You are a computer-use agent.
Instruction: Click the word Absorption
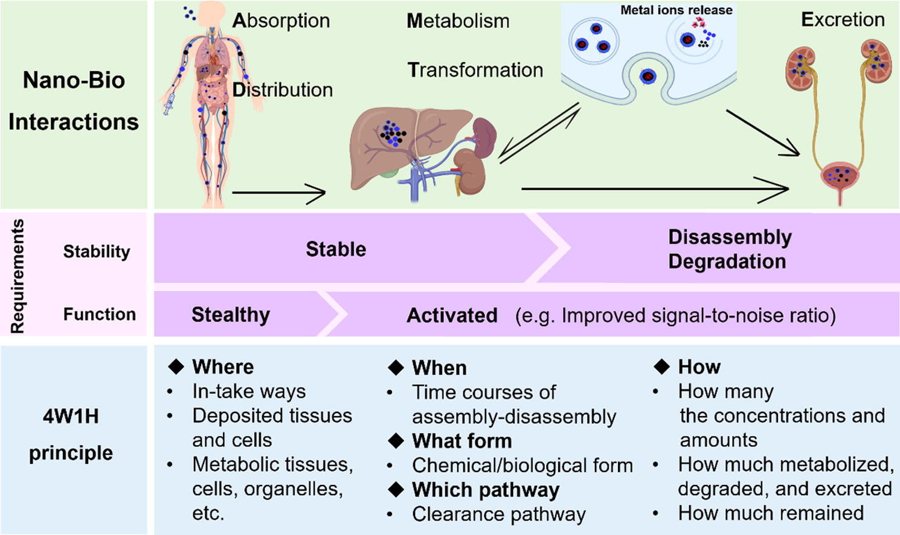(281, 21)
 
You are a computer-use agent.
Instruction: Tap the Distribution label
(283, 90)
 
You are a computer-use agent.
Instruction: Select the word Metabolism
(458, 21)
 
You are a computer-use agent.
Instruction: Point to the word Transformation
(475, 70)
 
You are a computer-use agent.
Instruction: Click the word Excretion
(843, 20)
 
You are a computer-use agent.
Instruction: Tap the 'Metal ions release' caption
(677, 10)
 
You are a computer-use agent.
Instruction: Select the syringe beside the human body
(169, 104)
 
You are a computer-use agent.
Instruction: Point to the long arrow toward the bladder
(655, 190)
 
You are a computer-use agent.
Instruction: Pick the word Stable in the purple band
(336, 249)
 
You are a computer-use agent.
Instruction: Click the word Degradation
(727, 261)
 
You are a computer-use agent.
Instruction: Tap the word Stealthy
(231, 315)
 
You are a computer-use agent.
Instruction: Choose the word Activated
(452, 315)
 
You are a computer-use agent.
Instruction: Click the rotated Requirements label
(18, 276)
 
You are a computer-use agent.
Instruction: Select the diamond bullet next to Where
(176, 367)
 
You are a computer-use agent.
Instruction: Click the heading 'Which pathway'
(486, 490)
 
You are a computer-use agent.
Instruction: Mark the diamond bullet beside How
(661, 367)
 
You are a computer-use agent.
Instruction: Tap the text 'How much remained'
(771, 513)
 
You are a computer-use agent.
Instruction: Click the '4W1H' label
(71, 417)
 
